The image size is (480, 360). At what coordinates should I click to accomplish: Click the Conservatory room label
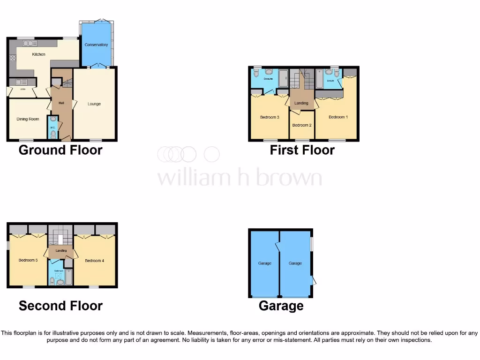pyautogui.click(x=96, y=45)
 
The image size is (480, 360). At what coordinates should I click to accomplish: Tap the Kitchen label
pyautogui.click(x=38, y=54)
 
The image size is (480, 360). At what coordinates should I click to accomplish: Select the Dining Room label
pyautogui.click(x=28, y=119)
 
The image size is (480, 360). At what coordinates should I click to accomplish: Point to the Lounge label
pyautogui.click(x=94, y=104)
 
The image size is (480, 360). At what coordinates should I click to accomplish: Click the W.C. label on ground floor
pyautogui.click(x=52, y=125)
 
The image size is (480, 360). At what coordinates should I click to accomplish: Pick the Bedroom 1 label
pyautogui.click(x=338, y=117)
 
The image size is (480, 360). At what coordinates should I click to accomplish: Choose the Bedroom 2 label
pyautogui.click(x=302, y=125)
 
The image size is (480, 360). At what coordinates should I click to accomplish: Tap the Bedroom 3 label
pyautogui.click(x=270, y=117)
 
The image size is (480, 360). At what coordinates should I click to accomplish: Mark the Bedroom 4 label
pyautogui.click(x=94, y=260)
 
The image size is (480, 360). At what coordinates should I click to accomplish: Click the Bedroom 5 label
pyautogui.click(x=28, y=260)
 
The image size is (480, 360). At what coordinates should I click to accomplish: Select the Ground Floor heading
pyautogui.click(x=60, y=150)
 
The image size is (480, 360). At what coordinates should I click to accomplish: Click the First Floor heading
pyautogui.click(x=302, y=150)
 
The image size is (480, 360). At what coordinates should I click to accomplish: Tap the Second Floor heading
pyautogui.click(x=60, y=306)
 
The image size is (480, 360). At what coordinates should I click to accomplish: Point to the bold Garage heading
pyautogui.click(x=281, y=306)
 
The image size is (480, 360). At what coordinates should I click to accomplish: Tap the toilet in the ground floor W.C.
pyautogui.click(x=52, y=135)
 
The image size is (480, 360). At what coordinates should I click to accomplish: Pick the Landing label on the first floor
pyautogui.click(x=301, y=103)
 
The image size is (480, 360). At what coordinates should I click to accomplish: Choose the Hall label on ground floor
pyautogui.click(x=61, y=103)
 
